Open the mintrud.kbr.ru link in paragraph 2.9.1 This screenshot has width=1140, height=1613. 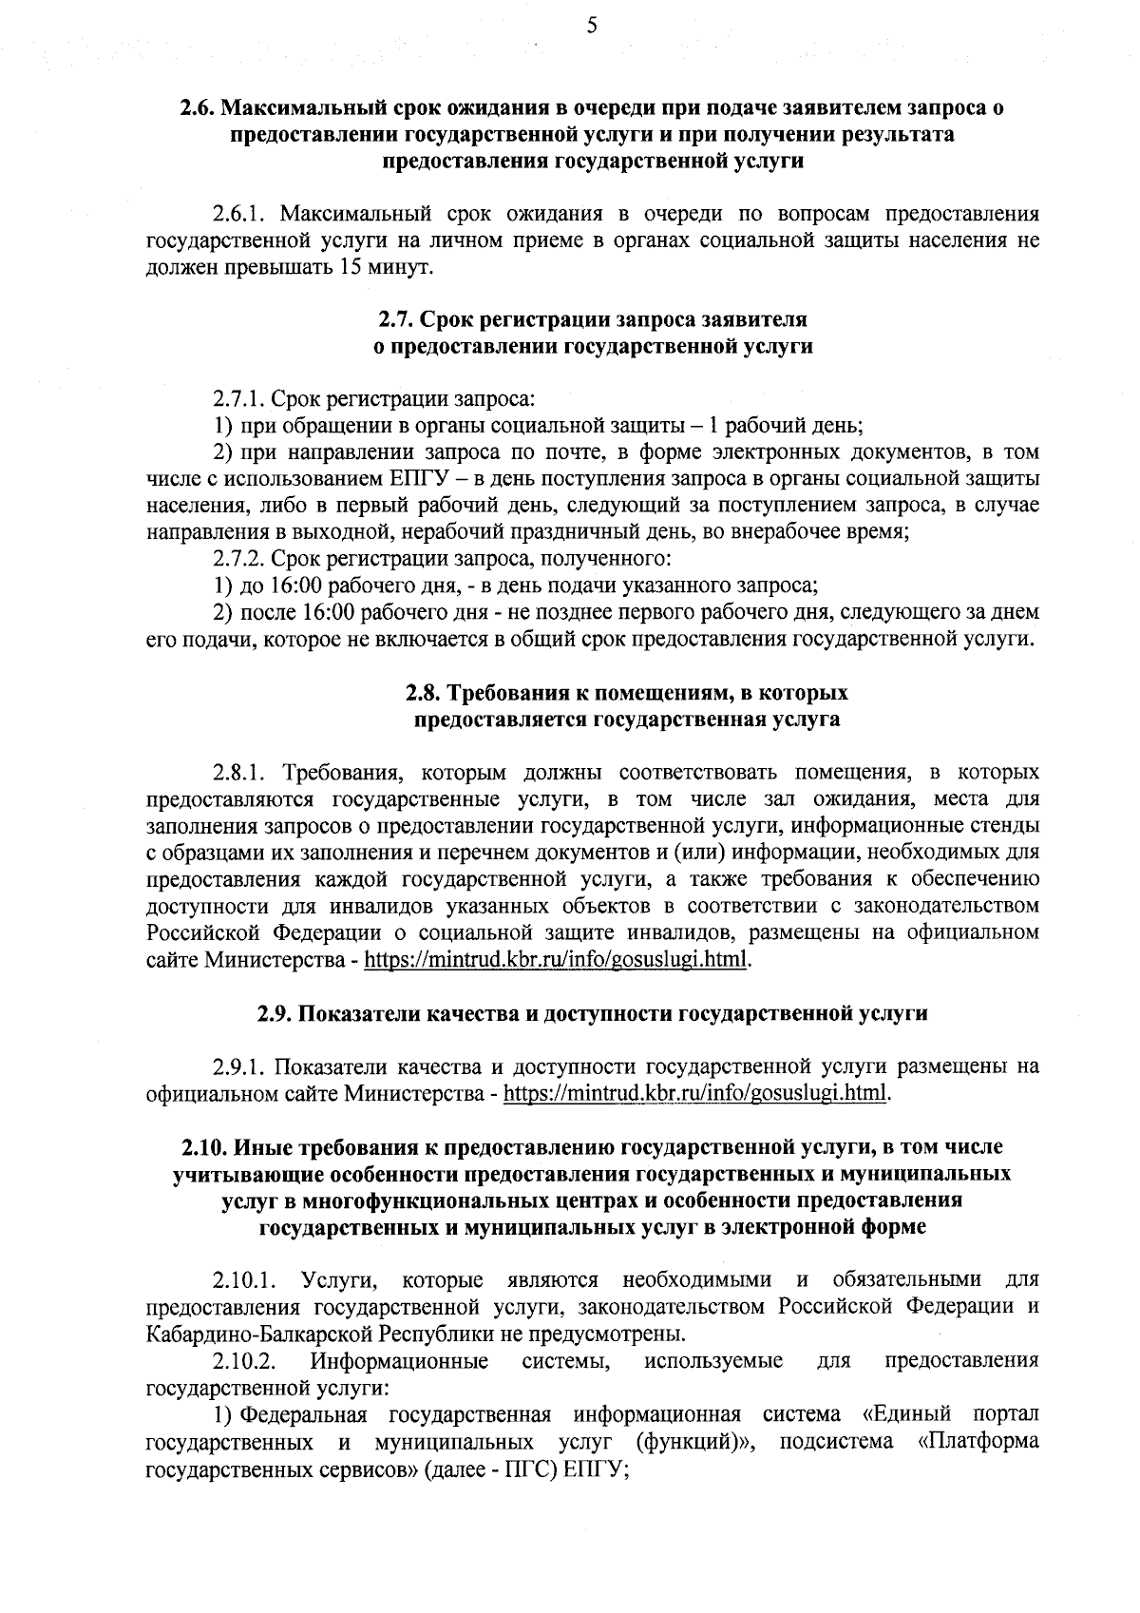point(696,1092)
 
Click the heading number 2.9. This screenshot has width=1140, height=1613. point(276,1012)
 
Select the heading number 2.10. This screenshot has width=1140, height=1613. point(199,1147)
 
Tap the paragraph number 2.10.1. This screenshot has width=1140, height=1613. point(245,1279)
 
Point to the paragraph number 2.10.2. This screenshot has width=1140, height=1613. point(245,1361)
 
